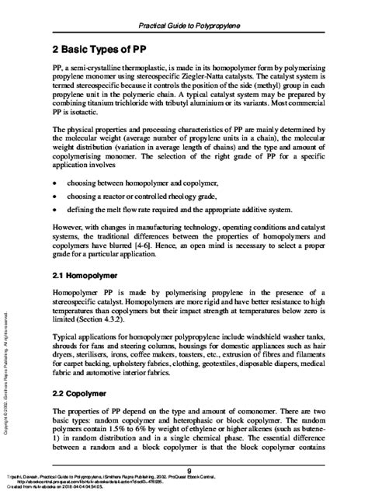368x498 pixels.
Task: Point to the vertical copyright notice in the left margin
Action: point(7,365)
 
